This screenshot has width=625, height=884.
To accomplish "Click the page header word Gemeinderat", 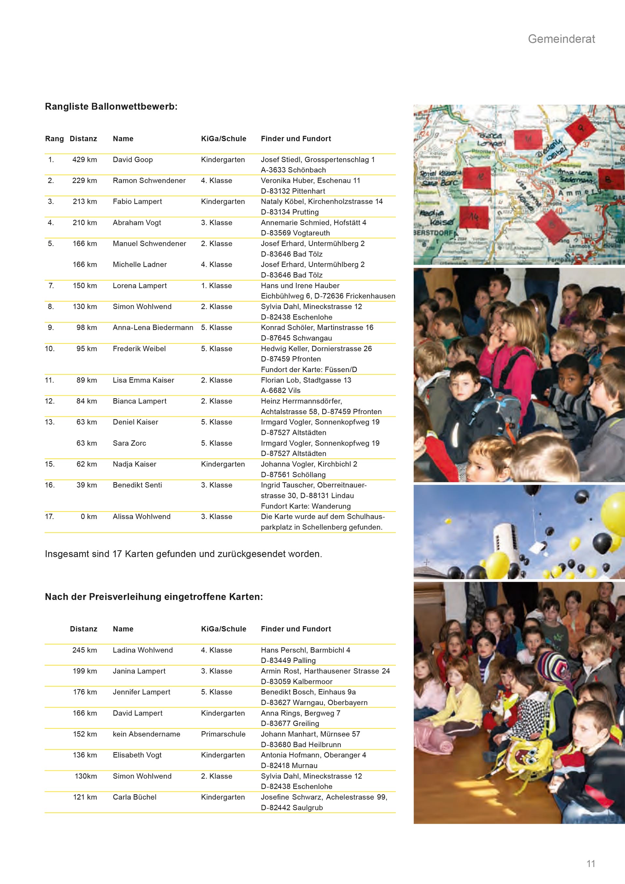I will (561, 39).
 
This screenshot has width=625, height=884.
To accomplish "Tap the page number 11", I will (591, 863).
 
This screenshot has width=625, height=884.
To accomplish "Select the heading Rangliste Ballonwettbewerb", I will (111, 107).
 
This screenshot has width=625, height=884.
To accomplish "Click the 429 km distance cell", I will (85, 160).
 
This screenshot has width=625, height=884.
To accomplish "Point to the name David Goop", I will (133, 160).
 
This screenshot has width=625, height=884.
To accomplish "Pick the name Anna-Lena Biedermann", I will (153, 328).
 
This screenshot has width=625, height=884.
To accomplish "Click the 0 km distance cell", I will (89, 517).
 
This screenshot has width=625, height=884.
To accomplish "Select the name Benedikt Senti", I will (137, 485).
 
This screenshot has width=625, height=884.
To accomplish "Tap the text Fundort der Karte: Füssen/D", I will (309, 370).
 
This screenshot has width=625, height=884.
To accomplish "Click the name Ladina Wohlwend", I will (143, 650).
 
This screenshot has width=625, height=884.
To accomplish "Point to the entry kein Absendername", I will (146, 734).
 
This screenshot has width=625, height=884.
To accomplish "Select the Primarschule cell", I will (223, 734).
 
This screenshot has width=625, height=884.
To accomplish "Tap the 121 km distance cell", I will (85, 797).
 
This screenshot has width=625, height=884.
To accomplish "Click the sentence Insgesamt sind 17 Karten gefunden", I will (183, 554).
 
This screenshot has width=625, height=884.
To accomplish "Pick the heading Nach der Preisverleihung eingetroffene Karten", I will (154, 597).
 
